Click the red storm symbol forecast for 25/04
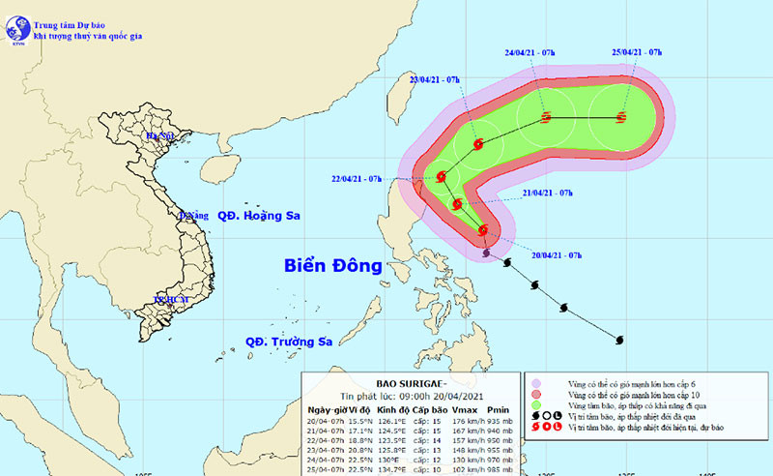620,118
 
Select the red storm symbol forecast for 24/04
546,118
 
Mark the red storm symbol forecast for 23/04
478,145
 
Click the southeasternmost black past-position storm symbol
619,339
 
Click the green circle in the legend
534,409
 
